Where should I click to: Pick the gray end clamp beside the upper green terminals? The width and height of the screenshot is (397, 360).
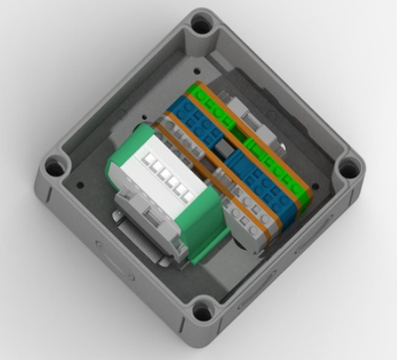tap(248, 109)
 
